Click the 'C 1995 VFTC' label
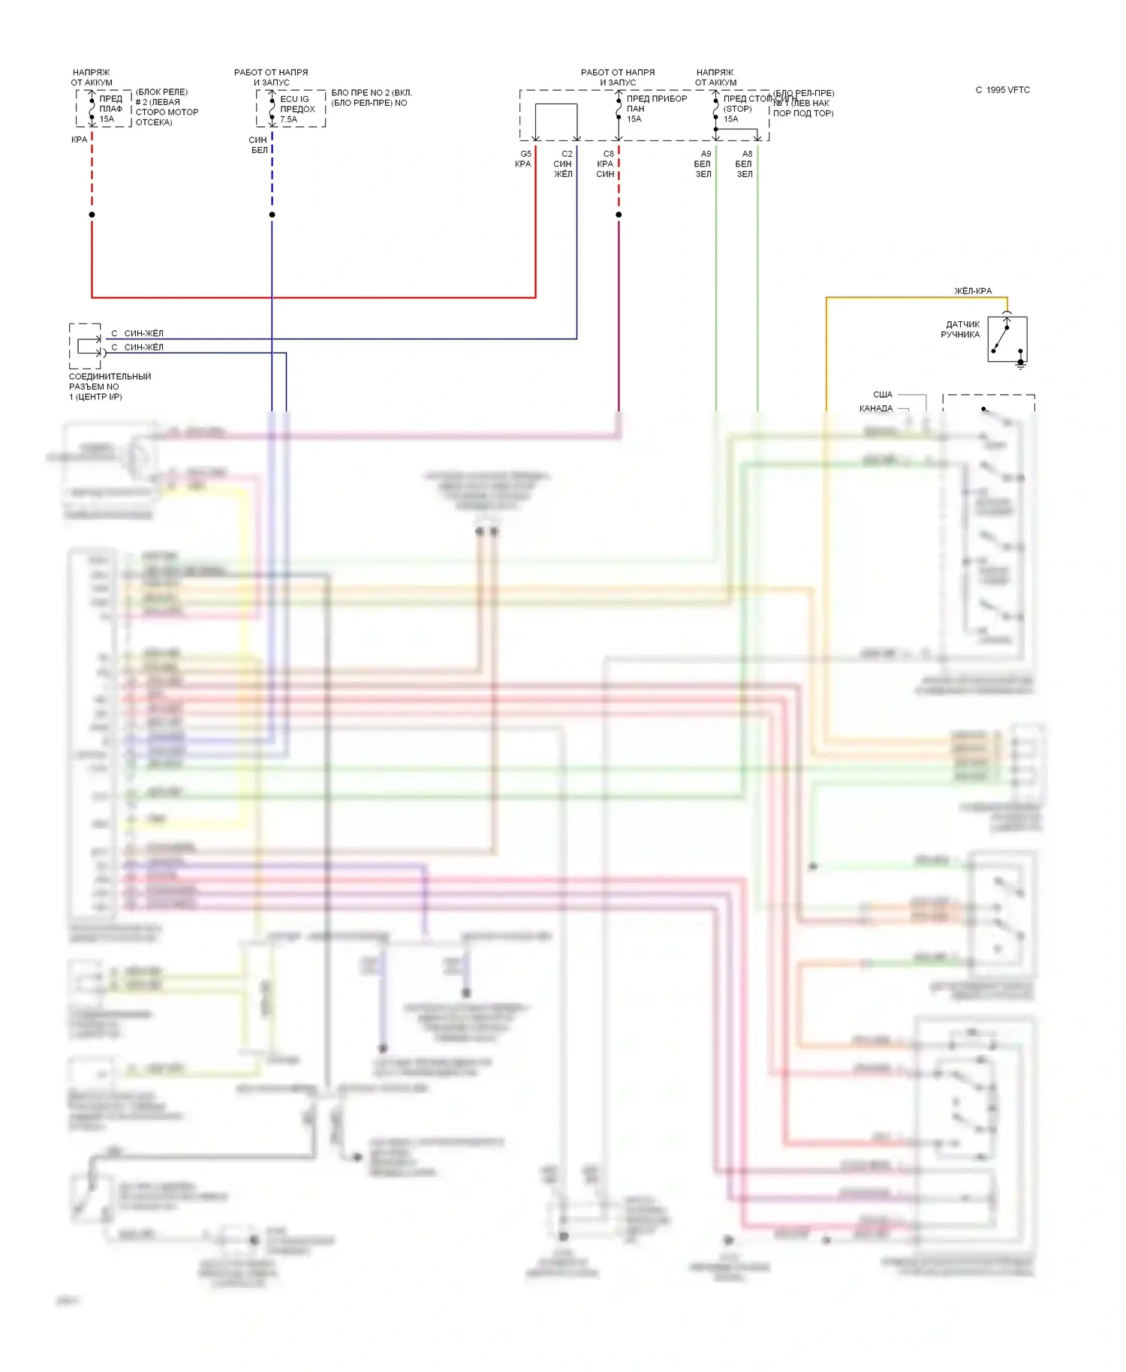point(1002,90)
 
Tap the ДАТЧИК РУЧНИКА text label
point(961,329)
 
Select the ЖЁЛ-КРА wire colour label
point(973,291)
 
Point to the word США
point(883,395)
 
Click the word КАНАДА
point(876,408)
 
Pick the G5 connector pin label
point(525,154)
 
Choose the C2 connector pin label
point(567,154)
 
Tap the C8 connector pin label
point(608,154)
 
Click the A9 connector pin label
point(706,154)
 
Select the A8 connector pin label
point(747,154)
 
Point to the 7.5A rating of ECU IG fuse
point(289,119)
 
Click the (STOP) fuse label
point(737,109)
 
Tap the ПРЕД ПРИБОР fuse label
point(657,98)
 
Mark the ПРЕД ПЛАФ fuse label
point(110,104)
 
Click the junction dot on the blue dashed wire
point(272,215)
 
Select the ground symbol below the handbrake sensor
point(1020,365)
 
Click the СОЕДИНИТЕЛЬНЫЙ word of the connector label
point(110,377)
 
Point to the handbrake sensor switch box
point(1007,339)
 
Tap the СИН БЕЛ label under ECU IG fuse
point(259,145)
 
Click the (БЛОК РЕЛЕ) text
point(161,92)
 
